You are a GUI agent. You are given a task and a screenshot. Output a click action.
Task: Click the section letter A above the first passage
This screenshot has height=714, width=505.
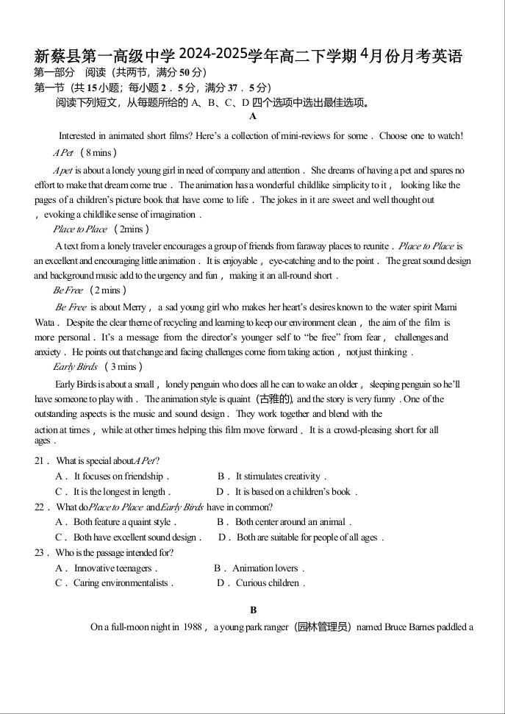[253, 116]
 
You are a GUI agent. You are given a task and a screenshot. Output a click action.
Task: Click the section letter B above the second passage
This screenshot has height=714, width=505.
[253, 610]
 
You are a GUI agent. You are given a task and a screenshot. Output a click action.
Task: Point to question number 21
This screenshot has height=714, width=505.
[42, 461]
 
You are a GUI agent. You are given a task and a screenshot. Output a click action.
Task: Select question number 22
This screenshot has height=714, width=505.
[42, 507]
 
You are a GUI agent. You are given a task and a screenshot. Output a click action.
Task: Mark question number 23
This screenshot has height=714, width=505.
[42, 553]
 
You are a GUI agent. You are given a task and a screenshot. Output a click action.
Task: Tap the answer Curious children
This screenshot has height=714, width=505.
[261, 584]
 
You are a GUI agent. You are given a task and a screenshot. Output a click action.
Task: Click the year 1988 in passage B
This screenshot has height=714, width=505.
[193, 627]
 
